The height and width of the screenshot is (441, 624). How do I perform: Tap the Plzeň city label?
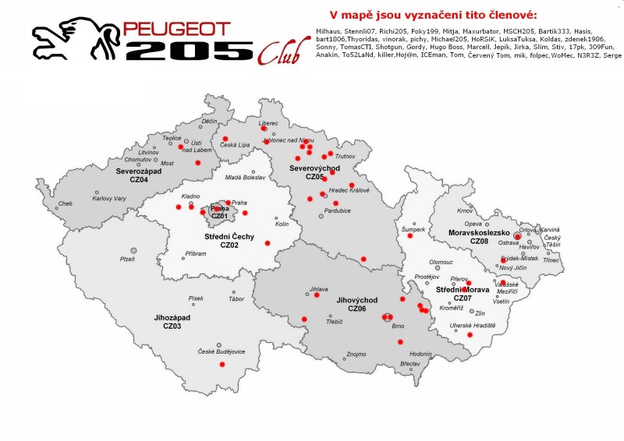point(127,259)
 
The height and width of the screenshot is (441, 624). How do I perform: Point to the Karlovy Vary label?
point(109,199)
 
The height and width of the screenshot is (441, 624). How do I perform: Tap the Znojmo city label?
point(356,354)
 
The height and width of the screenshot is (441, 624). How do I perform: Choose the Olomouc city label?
point(441,263)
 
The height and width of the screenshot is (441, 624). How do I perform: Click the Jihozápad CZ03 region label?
point(172,322)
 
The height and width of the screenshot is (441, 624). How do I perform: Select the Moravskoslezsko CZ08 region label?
point(479,237)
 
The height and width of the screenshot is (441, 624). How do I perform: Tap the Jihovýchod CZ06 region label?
point(357,304)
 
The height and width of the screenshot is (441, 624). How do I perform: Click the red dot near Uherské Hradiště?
point(470,334)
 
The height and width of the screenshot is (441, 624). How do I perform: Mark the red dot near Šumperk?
point(409,236)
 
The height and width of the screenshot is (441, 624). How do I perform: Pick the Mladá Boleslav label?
point(245,178)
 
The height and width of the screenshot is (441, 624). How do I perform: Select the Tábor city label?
point(236,299)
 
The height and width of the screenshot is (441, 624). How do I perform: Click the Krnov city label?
point(466,211)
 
